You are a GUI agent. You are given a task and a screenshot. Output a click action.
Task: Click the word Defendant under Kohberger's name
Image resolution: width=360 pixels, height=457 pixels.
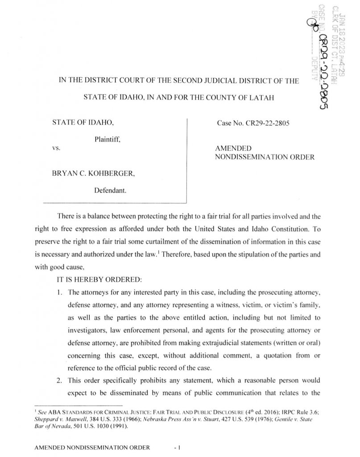[110, 190]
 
